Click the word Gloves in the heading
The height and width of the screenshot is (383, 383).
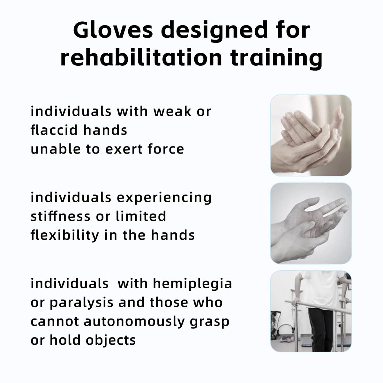click(x=113, y=30)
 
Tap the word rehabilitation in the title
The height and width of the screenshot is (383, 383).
click(x=141, y=58)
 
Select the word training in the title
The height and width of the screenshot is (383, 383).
click(x=276, y=59)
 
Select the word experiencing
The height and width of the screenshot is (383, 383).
click(x=164, y=198)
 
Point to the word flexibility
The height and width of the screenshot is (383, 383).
click(x=65, y=235)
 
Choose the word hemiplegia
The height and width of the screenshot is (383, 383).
click(x=192, y=284)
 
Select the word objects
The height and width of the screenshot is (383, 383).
click(x=111, y=340)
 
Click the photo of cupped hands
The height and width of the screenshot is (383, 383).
click(x=311, y=135)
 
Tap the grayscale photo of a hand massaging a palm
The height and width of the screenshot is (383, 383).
click(x=311, y=223)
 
